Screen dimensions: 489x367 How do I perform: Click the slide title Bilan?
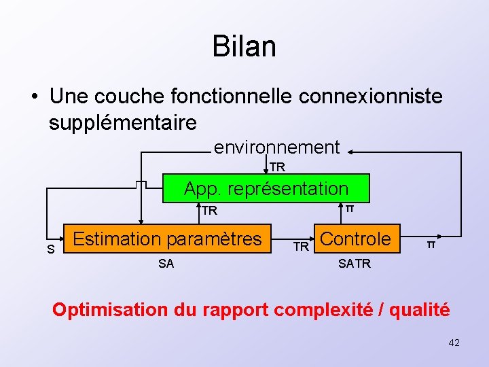tap(244, 47)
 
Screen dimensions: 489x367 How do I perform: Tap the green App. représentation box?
tap(266, 188)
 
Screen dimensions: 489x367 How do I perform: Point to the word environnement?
tap(276, 147)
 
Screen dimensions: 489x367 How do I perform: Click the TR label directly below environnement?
tap(277, 167)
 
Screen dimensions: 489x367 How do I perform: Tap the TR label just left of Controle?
tap(301, 247)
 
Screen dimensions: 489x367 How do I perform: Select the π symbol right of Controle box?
tap(431, 244)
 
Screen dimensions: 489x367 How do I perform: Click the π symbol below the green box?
tap(349, 207)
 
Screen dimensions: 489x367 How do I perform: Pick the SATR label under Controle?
tap(355, 264)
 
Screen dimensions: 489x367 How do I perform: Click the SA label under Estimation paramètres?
tap(166, 264)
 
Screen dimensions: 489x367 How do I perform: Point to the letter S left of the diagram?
tap(51, 249)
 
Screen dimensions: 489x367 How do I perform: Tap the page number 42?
tap(454, 343)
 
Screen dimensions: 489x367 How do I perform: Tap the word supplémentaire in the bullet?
tap(123, 122)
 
